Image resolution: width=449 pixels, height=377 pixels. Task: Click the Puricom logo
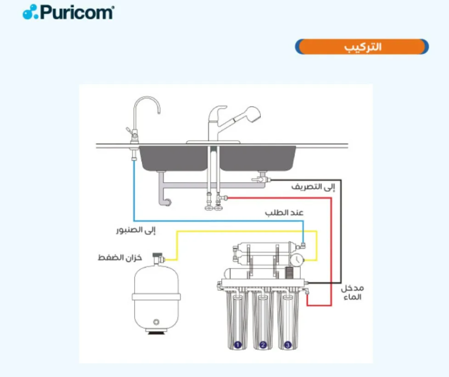coord(68,12)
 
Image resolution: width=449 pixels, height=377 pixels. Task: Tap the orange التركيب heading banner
coord(362,47)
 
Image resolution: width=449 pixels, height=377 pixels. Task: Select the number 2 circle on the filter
coord(263,345)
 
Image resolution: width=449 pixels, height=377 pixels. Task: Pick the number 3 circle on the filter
coord(288,345)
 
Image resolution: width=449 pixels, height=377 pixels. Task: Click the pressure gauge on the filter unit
coord(296,260)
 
